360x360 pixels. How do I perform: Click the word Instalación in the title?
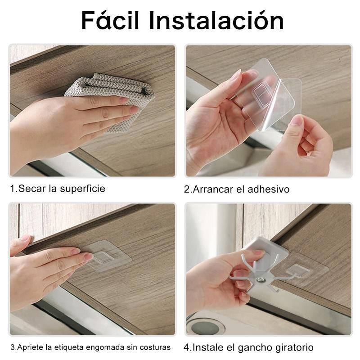click(x=216, y=21)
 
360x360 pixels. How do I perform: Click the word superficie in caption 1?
click(x=82, y=189)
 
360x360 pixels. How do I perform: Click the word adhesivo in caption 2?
click(x=268, y=189)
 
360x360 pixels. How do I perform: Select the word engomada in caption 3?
click(x=105, y=347)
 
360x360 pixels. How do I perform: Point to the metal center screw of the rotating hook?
click(x=261, y=279)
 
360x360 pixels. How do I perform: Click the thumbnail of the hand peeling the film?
click(x=297, y=120)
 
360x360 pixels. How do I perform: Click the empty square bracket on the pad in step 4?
click(x=298, y=271)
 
